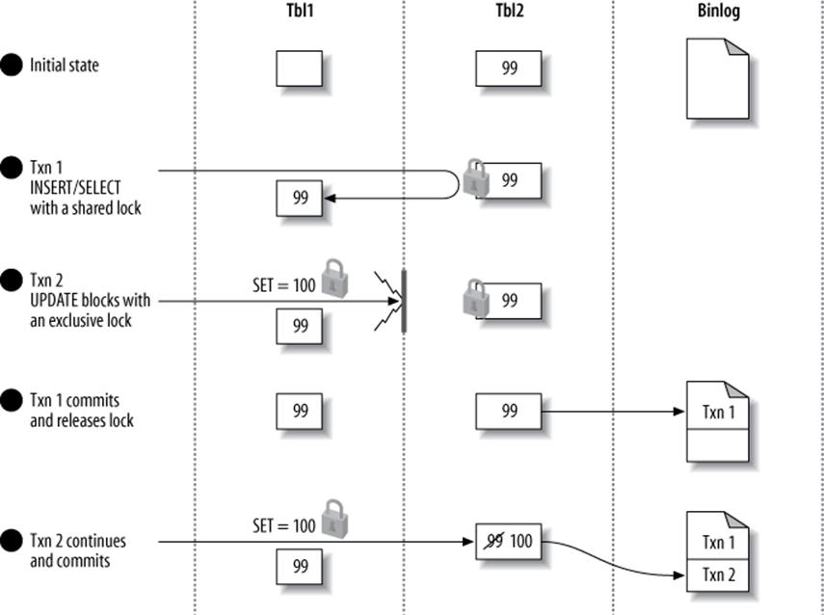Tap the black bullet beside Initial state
12,67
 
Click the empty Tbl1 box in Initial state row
300,68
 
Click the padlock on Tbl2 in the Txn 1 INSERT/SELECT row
475,180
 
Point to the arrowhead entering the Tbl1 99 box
329,198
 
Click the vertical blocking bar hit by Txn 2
403,301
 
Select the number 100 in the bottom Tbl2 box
520,541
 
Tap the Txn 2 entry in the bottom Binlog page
717,575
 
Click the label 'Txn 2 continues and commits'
77,550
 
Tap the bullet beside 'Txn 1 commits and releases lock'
12,400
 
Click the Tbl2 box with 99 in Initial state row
508,68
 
